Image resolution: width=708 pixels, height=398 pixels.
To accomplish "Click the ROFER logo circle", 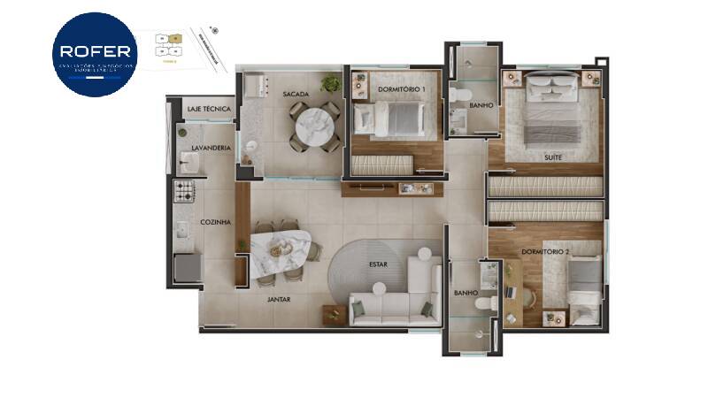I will point(95,54).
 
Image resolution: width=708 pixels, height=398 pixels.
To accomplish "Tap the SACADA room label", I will point(295,94).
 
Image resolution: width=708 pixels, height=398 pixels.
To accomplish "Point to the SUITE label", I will point(554,157).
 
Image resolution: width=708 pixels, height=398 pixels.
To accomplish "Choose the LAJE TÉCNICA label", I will point(210,109).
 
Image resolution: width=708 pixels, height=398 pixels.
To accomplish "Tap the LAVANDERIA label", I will point(212,148).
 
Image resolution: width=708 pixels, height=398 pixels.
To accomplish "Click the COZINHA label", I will point(216,222).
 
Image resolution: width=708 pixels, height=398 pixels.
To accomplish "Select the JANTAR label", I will point(280,299).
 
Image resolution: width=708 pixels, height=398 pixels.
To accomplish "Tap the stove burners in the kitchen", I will point(184,190).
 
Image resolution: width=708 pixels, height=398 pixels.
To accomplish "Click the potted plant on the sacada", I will point(331,84).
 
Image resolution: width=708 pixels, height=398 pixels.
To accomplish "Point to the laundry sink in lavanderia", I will point(189,160).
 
